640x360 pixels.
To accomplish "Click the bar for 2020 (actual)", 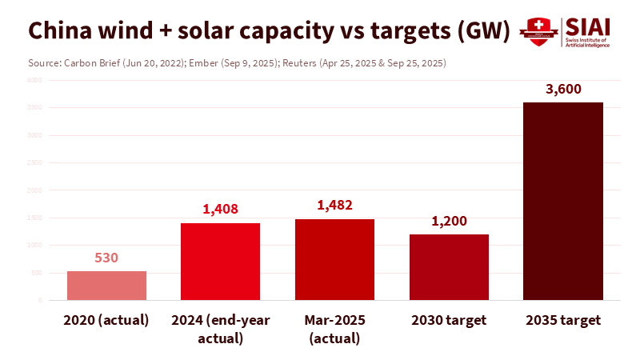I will pos(106,286).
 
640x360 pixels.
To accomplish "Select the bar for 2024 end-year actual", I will pos(221,262).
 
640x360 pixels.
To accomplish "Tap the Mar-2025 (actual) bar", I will pos(334,259).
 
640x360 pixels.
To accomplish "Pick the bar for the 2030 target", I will pos(449,267).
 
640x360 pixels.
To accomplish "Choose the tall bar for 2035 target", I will pos(562,201).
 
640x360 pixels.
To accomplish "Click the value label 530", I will pos(106,258).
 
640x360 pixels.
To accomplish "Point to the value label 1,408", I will pos(221,210).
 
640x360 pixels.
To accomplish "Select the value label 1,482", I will pos(334,206).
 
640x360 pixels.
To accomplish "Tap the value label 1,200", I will pos(449,221).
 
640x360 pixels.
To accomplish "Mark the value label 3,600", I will pos(562,89).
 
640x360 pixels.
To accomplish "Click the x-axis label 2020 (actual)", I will pos(106,320).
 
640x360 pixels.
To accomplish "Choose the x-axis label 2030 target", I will pos(449,320).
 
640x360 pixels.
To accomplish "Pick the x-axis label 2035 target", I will pos(562,320).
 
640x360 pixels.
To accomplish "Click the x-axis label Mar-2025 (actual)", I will pos(334,329).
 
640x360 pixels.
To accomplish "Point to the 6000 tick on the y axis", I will pos(34,80).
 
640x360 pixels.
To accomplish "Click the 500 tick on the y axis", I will pos(37,273).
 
